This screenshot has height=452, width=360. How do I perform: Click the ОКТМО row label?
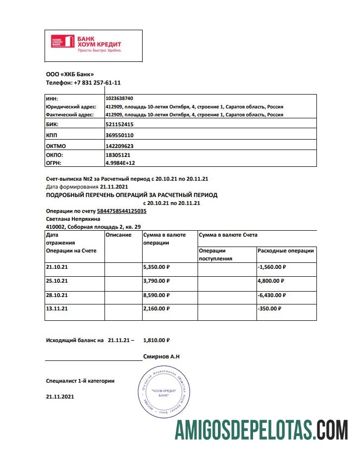click(56, 146)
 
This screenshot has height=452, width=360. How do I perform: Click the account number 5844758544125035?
click(121, 211)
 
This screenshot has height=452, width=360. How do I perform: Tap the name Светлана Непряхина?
click(73, 219)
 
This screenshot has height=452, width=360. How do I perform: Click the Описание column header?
click(119, 235)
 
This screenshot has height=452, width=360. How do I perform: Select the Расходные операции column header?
click(285, 251)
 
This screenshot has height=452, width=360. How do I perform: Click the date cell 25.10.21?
click(56, 281)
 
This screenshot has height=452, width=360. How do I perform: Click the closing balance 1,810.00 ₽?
click(156, 341)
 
